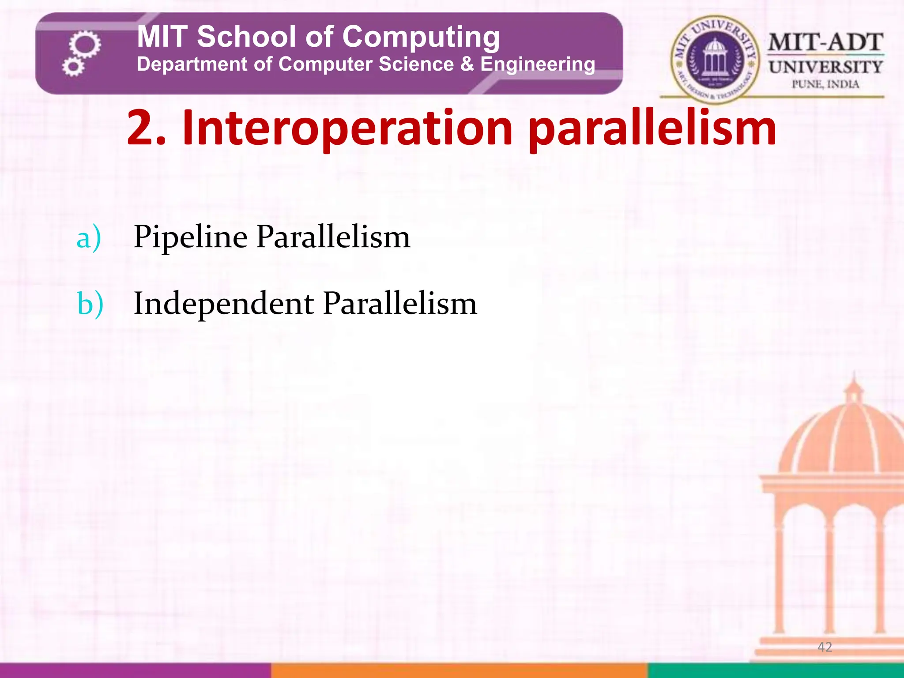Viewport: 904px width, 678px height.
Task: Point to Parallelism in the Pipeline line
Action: [333, 237]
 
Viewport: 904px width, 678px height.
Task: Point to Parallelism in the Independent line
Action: [400, 304]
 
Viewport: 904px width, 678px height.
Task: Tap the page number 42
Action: [825, 647]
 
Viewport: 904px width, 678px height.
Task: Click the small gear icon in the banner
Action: [73, 67]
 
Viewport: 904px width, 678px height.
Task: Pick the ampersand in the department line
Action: [467, 64]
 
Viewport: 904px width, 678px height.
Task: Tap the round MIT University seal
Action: [715, 58]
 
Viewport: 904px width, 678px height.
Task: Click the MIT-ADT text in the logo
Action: [825, 42]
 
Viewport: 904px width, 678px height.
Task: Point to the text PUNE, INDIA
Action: [825, 84]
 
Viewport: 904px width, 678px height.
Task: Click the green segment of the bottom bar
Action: [776, 670]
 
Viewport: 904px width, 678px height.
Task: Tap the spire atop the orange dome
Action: [854, 382]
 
